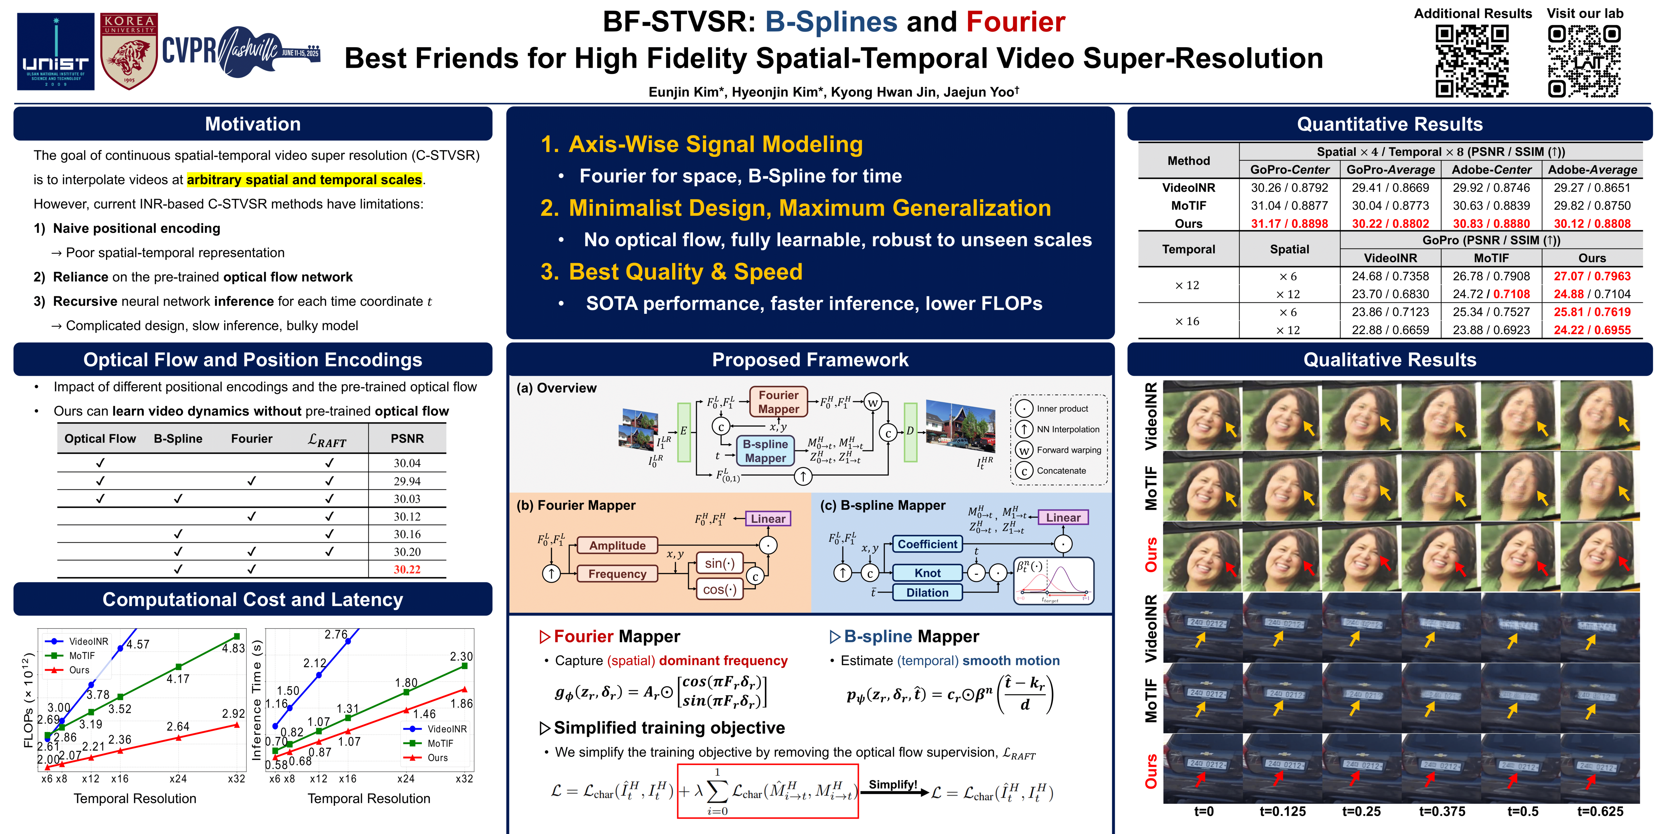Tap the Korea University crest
[x=129, y=52]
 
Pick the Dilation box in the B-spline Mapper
[x=927, y=593]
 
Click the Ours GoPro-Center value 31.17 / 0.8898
[x=1289, y=223]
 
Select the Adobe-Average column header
[x=1592, y=170]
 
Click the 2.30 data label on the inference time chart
[x=461, y=656]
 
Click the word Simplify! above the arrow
[x=892, y=785]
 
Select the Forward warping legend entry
[x=1069, y=450]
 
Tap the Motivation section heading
[x=252, y=124]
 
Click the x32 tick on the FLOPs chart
[x=236, y=779]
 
